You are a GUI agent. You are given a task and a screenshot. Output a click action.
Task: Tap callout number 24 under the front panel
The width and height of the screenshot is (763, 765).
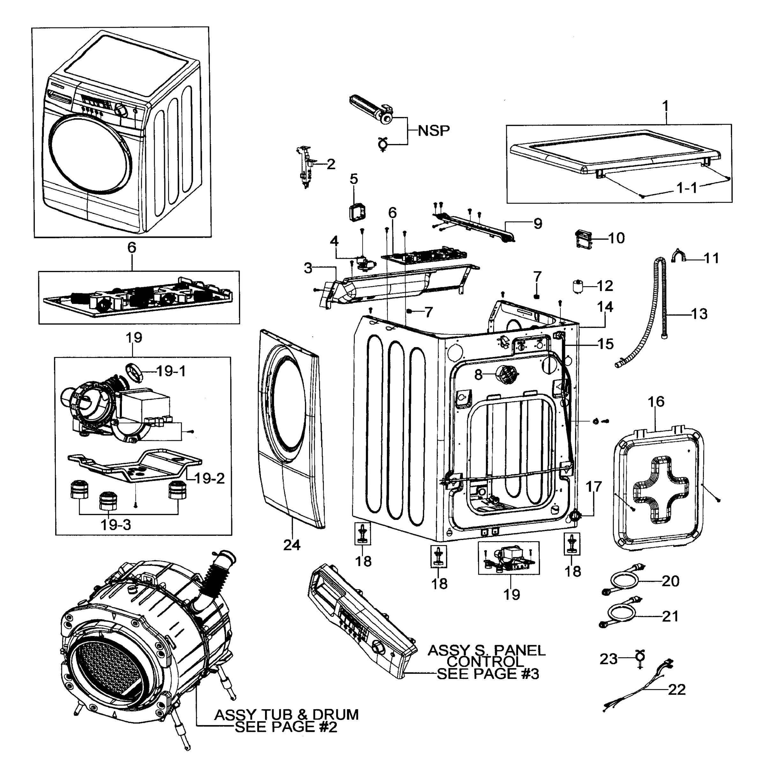pos(292,545)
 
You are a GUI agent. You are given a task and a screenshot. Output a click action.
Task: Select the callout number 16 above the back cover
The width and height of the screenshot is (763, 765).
pos(656,402)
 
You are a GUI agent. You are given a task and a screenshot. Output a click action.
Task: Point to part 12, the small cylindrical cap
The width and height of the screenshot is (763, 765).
pos(579,286)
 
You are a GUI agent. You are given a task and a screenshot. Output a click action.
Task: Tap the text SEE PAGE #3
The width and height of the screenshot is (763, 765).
pos(488,674)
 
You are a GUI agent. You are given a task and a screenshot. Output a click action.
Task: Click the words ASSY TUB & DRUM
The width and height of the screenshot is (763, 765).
pos(286,715)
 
